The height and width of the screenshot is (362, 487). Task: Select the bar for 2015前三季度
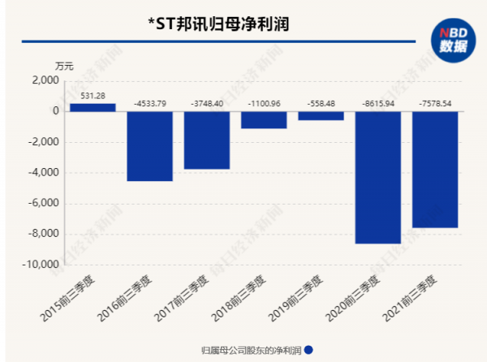point(93,107)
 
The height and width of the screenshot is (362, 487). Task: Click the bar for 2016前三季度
point(149,146)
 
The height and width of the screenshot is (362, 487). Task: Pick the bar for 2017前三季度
point(206,140)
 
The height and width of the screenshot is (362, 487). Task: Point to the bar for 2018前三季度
point(264,120)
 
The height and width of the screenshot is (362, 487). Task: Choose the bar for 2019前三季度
point(321,116)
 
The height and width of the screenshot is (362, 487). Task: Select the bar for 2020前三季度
point(378,177)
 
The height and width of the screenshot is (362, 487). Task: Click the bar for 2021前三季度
point(435,170)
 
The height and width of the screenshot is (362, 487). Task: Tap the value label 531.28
point(93,96)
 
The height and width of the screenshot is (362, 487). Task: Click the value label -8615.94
point(378,104)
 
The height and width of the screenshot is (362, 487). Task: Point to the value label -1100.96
point(264,104)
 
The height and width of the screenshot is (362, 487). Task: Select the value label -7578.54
point(435,104)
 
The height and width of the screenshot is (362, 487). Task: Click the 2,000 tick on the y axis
point(45,81)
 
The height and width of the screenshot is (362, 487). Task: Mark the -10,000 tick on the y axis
point(41,265)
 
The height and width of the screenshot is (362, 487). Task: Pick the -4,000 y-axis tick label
point(43,173)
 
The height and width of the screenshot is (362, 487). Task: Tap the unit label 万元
point(65,65)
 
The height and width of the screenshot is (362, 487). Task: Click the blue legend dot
point(308,350)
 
